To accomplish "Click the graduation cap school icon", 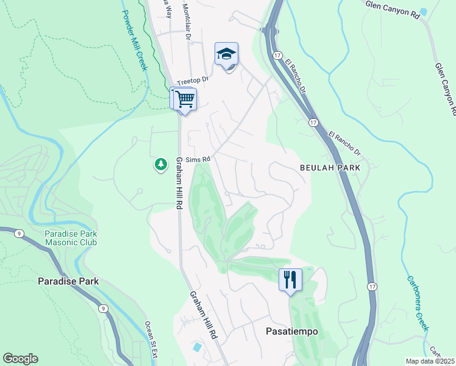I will pos(226,54).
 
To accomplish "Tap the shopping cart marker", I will pos(185,98).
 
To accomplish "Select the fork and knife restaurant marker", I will pos(290,280).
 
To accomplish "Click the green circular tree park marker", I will pos(160,165).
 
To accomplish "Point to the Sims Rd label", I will pos(198,159).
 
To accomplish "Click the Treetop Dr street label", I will pos(193,80).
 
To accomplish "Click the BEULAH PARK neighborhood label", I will pos(330,167).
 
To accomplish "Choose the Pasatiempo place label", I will pos(291,332).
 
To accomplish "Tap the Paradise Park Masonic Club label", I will pos(70,238).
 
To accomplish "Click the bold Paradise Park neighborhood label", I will pos(68,281).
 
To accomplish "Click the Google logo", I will pos(20,359).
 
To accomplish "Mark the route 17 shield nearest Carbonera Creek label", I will pos(371,286).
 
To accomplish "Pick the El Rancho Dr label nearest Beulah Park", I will pos(344,144).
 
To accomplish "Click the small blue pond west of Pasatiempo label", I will pos(197,347).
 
